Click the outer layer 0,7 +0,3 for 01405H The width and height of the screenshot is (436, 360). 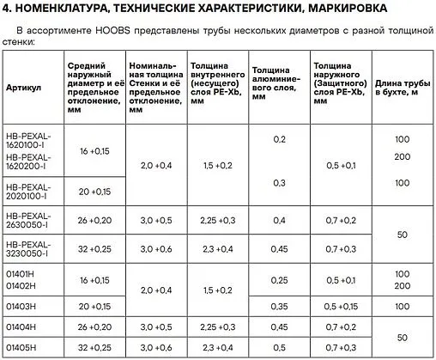click(341, 346)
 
